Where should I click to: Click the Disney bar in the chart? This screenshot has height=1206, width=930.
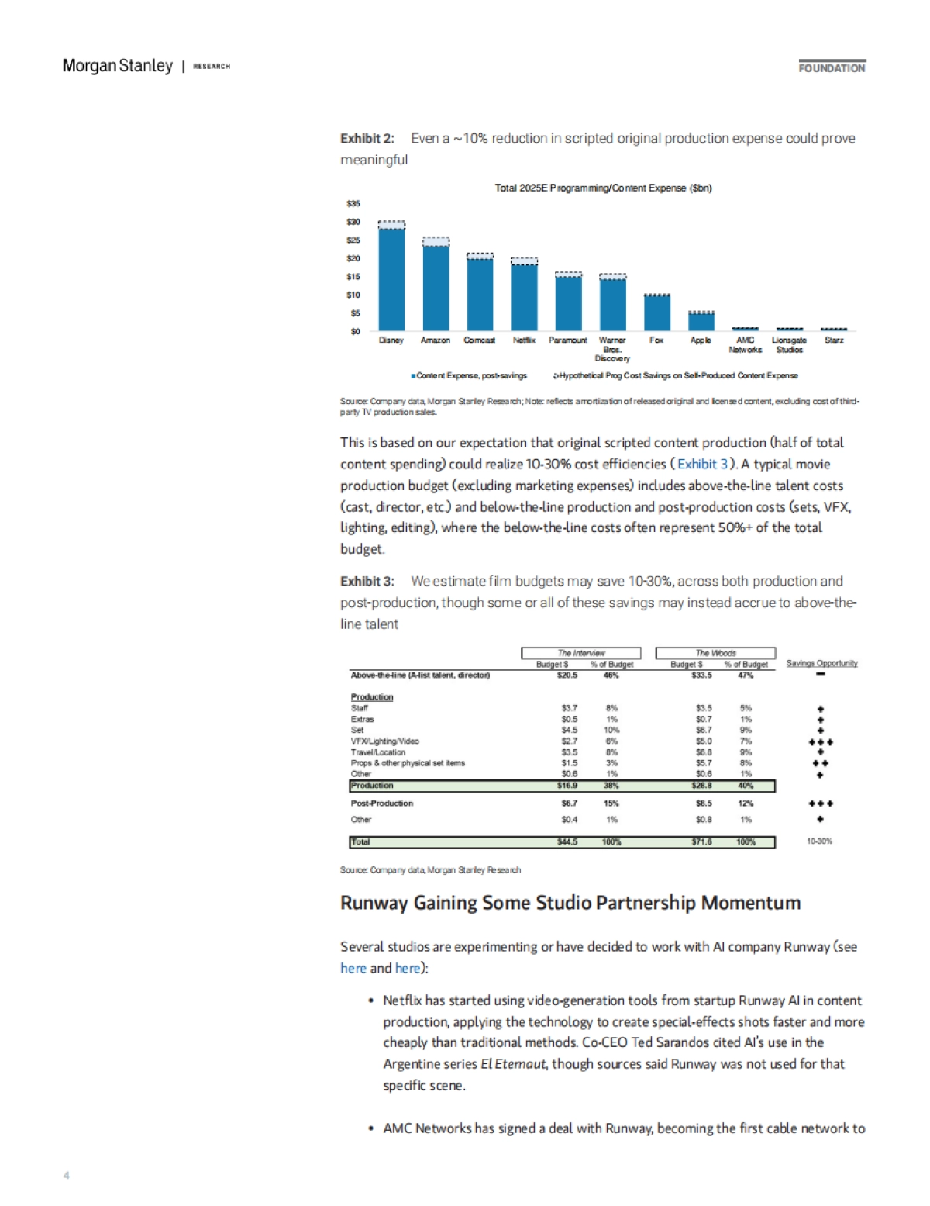[391, 279]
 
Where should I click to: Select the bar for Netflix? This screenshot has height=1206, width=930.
[525, 298]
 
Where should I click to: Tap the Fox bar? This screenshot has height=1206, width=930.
[657, 313]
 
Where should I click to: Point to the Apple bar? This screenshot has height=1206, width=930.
[701, 321]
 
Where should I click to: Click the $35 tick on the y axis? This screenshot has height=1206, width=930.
[353, 204]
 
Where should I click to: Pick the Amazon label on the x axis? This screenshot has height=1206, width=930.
[436, 340]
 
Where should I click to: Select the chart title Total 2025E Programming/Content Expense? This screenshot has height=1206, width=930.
[603, 188]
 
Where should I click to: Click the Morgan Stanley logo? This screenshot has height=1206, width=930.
[118, 66]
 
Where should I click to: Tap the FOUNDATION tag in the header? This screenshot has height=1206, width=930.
[832, 68]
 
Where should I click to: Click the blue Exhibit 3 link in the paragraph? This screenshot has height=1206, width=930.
[703, 464]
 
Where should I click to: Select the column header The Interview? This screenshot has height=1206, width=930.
[581, 653]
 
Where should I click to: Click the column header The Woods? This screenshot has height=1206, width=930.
[715, 653]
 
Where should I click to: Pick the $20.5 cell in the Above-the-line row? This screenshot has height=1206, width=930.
[567, 676]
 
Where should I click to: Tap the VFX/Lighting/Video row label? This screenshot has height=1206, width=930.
[385, 741]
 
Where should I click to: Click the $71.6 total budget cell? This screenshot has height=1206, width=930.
[701, 842]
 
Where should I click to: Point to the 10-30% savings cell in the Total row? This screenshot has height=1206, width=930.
[819, 841]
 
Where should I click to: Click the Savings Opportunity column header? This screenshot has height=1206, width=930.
[821, 664]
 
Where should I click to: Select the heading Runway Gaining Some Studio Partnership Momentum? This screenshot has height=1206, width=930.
[570, 903]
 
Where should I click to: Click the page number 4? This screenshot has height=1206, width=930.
[67, 1175]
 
